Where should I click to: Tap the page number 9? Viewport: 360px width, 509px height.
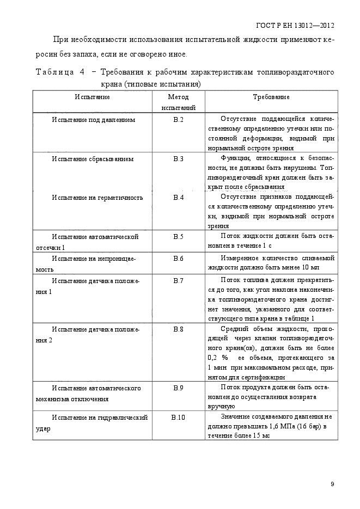tap(332, 485)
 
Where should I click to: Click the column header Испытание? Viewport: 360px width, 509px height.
tap(93, 97)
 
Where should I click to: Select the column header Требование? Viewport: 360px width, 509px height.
tap(271, 97)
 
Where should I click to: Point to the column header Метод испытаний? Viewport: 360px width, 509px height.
tap(178, 102)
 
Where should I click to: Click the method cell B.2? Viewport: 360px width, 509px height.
tap(178, 119)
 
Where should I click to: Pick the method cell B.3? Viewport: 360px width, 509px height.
tap(178, 158)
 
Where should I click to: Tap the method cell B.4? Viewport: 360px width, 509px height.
tap(178, 197)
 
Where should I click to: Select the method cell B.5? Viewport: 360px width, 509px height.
tap(178, 237)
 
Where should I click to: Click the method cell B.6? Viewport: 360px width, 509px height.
tap(178, 258)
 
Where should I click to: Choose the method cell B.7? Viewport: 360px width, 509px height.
tap(178, 280)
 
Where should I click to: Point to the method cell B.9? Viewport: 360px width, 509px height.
tap(178, 388)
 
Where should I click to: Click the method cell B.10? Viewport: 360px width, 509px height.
tap(178, 417)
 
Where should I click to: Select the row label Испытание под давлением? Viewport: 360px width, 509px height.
tap(93, 119)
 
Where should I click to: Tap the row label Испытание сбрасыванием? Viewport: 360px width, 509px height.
tap(93, 158)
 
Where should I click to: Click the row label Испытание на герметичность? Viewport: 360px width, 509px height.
tap(97, 197)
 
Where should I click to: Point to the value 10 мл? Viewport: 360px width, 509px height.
tap(310, 268)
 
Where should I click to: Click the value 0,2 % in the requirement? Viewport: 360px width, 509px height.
tap(217, 358)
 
